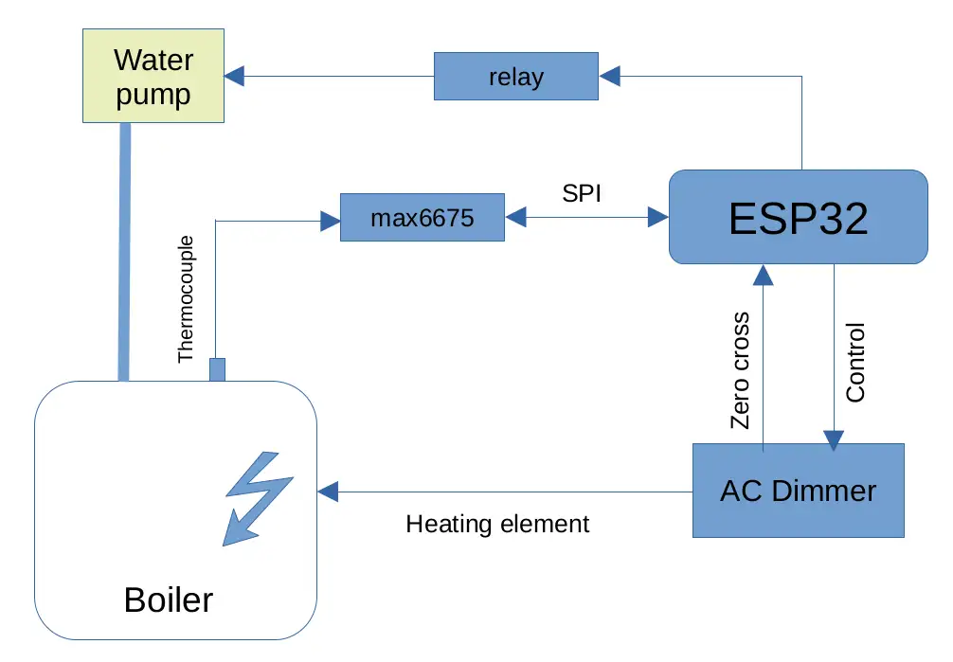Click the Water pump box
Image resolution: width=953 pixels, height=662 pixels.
[153, 76]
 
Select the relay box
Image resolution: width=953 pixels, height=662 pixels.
[516, 76]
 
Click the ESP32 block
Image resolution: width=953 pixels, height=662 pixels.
[798, 217]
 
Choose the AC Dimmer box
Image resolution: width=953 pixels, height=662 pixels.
[798, 491]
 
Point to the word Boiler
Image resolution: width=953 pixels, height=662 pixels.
[169, 599]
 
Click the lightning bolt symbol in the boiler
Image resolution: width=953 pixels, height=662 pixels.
[257, 499]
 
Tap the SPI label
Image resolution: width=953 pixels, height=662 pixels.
[582, 192]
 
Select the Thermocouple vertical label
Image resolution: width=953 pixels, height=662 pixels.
[186, 298]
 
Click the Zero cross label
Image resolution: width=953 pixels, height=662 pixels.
[741, 370]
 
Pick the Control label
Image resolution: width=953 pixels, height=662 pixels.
[855, 363]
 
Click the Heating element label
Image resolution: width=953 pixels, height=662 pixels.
[497, 524]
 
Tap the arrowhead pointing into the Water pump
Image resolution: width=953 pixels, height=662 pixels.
[235, 74]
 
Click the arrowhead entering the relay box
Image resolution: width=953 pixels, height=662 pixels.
[610, 74]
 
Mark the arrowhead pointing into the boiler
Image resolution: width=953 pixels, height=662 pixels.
[328, 492]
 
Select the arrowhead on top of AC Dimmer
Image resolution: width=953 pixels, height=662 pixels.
[834, 440]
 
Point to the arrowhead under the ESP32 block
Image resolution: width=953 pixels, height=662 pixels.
[764, 274]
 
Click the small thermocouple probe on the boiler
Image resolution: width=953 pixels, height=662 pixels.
[217, 369]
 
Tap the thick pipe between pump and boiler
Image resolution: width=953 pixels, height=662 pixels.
[123, 251]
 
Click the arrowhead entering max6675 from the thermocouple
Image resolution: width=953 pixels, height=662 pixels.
[331, 221]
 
